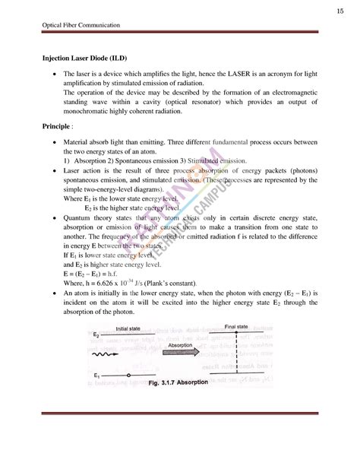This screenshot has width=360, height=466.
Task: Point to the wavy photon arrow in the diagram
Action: coord(104,354)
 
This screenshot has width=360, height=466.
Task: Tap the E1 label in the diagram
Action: coord(96,376)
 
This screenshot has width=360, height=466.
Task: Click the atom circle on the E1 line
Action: coord(130,376)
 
